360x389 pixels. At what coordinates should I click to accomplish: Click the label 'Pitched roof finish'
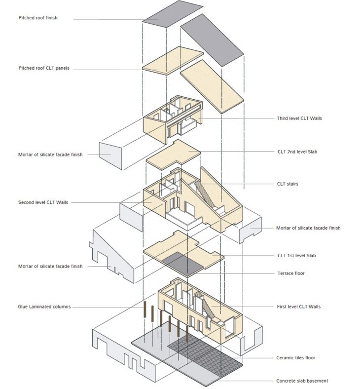38,18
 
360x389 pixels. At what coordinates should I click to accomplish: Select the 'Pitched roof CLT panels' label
44,68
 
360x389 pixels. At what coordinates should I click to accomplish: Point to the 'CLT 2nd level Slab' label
297,152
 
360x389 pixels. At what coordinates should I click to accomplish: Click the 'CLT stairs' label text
288,184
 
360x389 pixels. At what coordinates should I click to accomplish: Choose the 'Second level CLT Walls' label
43,202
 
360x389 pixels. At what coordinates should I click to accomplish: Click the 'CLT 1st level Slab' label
296,255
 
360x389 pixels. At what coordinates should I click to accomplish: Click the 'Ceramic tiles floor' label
295,357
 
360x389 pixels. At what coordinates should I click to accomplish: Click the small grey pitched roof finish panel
173,14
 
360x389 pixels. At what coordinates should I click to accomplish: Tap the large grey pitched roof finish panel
213,39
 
